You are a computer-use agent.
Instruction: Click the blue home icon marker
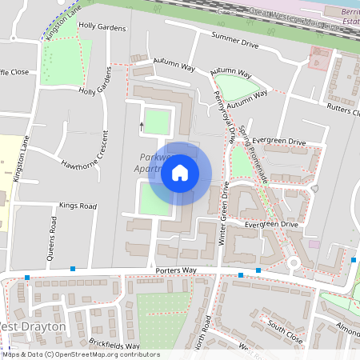180,173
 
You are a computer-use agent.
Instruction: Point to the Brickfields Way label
114,344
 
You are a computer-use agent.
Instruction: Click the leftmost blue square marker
27,278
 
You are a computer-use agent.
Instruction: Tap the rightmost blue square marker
354,260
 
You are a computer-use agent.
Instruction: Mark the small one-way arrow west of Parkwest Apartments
142,125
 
